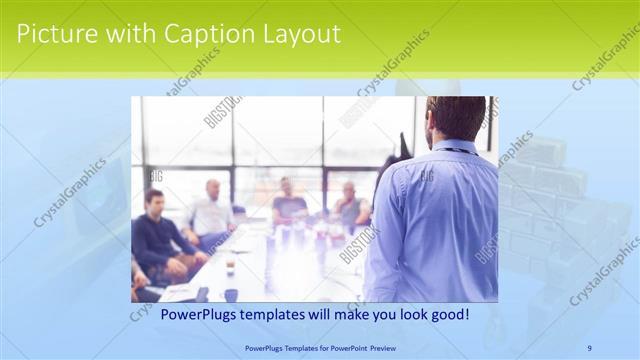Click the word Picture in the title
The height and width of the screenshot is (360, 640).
pos(52,34)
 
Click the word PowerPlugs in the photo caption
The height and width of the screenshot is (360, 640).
pos(175,315)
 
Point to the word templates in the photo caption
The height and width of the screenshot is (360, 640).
pos(258,315)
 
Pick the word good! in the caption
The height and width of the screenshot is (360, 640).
pos(447,315)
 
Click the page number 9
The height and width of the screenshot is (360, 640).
pos(590,347)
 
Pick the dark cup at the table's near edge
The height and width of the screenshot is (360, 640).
pos(231,295)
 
